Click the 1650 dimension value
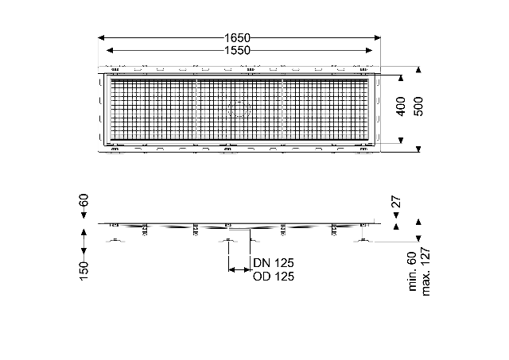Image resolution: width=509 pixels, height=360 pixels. (237, 38)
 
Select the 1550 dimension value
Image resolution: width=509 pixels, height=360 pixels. (237, 50)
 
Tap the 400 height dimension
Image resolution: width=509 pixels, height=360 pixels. (401, 106)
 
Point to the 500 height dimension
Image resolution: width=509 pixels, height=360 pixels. (418, 106)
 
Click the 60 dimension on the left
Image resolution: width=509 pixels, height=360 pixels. (84, 199)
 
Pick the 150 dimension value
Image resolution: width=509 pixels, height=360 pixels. (84, 271)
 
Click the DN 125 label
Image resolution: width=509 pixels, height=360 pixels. (274, 262)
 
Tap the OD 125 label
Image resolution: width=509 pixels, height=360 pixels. (274, 277)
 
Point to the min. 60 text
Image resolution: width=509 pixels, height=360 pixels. (412, 272)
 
